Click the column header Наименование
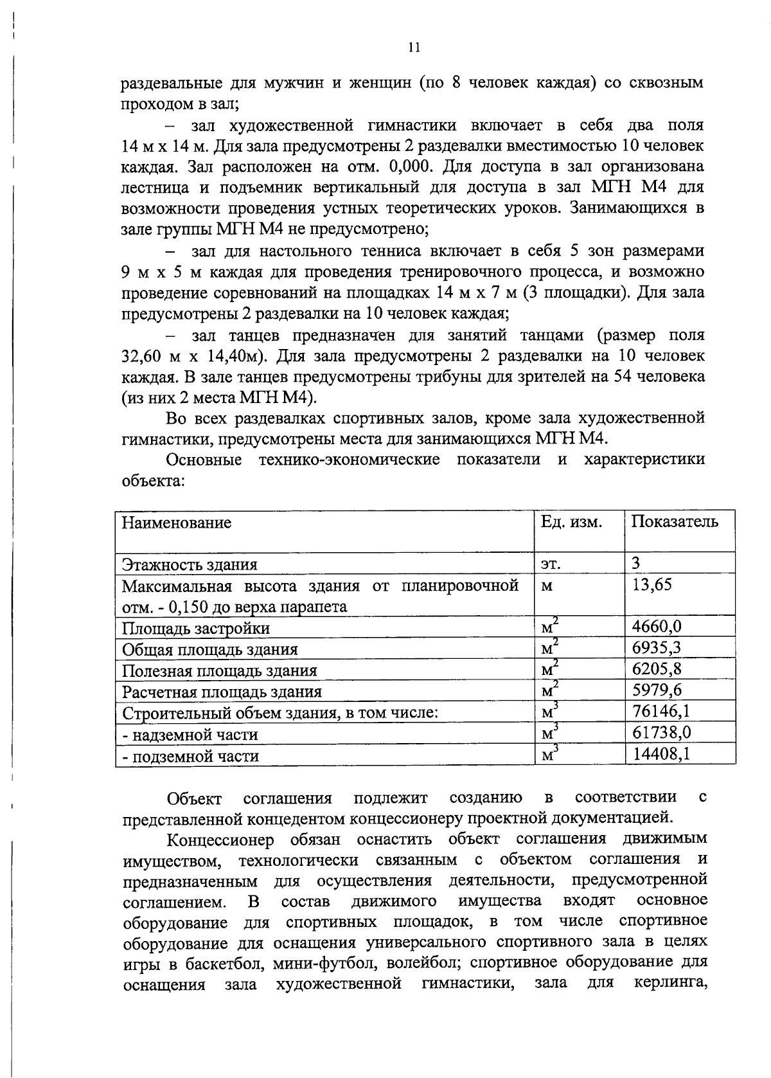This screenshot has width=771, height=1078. (x=177, y=523)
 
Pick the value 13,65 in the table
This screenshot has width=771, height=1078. (x=652, y=585)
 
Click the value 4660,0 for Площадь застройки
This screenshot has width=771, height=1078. (x=657, y=627)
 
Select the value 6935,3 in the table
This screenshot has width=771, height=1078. (x=657, y=648)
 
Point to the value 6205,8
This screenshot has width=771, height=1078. (x=657, y=669)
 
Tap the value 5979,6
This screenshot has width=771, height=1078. (x=657, y=690)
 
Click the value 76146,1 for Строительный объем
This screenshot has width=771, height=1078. (x=661, y=712)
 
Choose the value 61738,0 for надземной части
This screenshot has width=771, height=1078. (x=661, y=733)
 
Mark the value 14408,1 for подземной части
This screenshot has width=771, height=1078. (x=661, y=753)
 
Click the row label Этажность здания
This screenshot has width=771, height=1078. (x=190, y=565)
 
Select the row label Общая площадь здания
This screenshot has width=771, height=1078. (x=209, y=650)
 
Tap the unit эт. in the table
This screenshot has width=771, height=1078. (x=550, y=565)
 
